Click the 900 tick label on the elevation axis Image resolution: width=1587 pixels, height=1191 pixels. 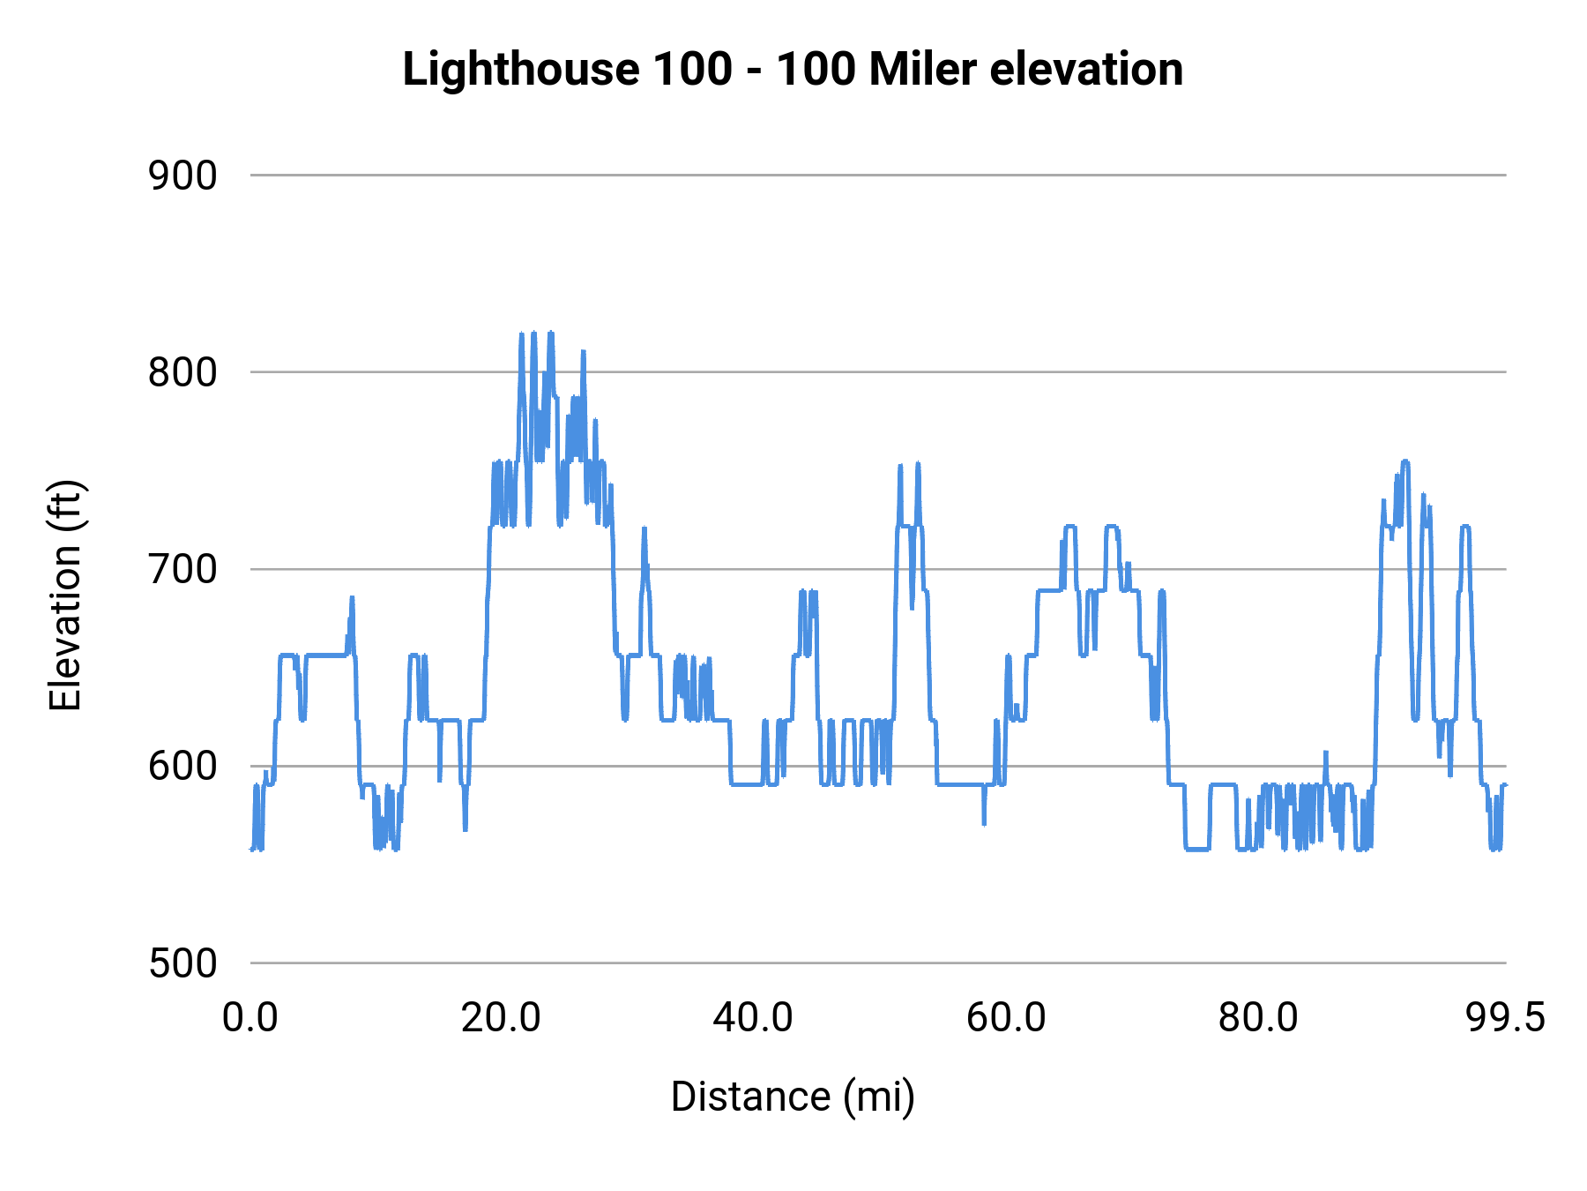click(183, 176)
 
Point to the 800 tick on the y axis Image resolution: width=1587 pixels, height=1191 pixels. click(183, 373)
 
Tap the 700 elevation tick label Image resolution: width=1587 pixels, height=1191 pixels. click(183, 570)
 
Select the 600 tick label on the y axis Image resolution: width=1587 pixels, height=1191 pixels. click(183, 767)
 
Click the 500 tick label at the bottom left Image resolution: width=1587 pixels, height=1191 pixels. click(183, 963)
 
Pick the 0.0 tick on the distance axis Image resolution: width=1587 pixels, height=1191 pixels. click(250, 1018)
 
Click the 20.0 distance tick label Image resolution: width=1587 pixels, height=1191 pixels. click(501, 1018)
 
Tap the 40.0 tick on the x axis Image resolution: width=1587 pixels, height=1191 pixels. click(753, 1018)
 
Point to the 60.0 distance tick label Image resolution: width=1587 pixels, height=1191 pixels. click(1005, 1018)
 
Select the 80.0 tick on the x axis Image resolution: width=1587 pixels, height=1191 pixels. click(1257, 1018)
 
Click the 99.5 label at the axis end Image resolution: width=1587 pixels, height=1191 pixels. click(1505, 1018)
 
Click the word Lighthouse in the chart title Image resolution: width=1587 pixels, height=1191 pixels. click(520, 69)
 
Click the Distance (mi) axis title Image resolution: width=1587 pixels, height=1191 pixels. click(793, 1097)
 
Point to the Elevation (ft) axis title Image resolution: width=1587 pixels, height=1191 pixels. click(65, 595)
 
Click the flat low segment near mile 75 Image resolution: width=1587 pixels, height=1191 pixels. click(1196, 849)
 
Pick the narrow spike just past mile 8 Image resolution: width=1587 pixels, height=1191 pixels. click(352, 602)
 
